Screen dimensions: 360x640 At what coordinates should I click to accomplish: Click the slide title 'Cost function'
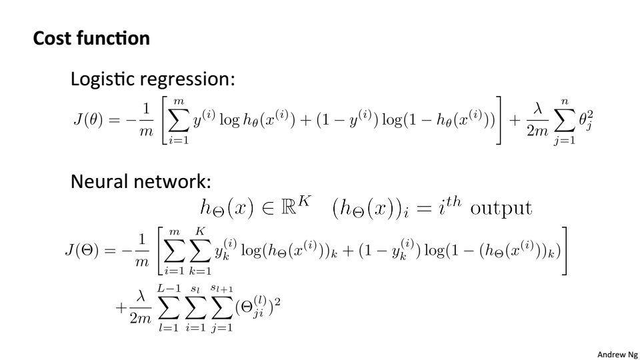click(91, 39)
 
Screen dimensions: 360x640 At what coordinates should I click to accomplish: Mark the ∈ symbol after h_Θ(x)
click(267, 210)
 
